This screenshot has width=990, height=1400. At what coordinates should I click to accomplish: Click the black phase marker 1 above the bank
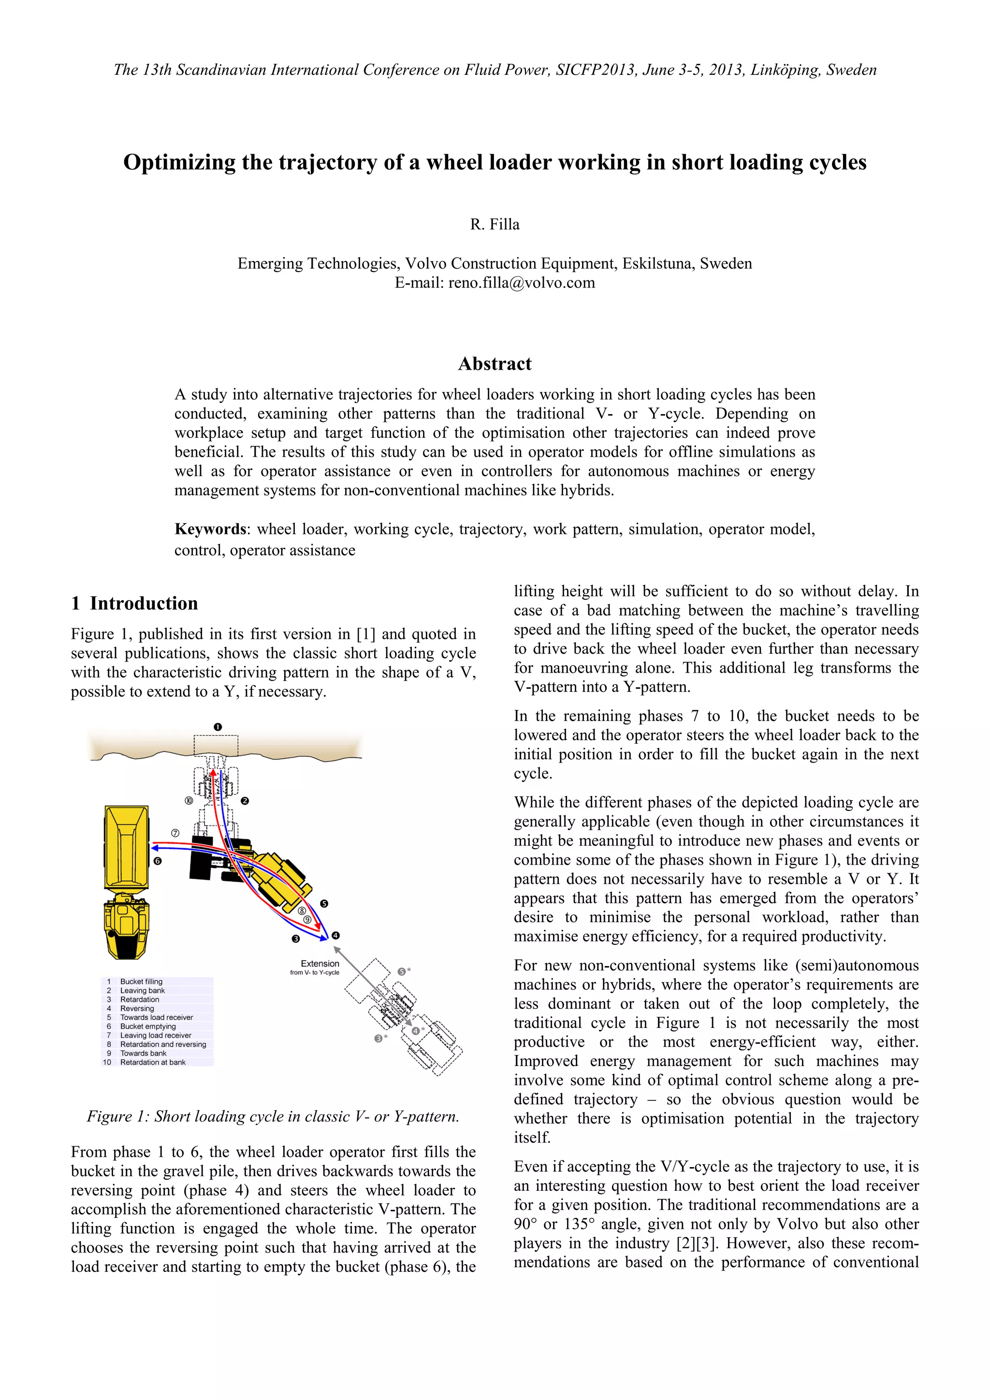click(x=218, y=727)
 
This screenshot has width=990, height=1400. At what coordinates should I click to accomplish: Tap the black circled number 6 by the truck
click(x=158, y=861)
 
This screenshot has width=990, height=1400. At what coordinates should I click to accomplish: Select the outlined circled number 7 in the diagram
click(x=175, y=833)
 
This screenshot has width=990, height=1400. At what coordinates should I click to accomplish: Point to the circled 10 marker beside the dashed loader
click(x=189, y=801)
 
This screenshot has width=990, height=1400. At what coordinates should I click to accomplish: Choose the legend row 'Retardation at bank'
click(x=152, y=1062)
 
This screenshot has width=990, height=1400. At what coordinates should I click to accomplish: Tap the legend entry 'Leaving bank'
click(x=142, y=990)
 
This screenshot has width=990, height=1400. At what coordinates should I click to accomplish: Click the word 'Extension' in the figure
click(x=320, y=964)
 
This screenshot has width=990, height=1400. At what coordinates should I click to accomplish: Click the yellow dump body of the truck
click(x=126, y=848)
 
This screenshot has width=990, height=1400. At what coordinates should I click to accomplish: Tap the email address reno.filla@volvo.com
click(x=522, y=283)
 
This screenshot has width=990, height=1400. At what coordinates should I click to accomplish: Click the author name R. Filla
click(x=495, y=224)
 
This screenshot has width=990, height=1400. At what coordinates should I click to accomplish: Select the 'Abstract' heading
click(x=495, y=364)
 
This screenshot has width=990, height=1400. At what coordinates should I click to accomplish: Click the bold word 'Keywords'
click(x=210, y=529)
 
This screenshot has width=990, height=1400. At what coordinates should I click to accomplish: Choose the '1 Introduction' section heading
click(x=134, y=604)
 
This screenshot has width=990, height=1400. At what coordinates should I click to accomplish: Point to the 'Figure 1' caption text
click(x=273, y=1116)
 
